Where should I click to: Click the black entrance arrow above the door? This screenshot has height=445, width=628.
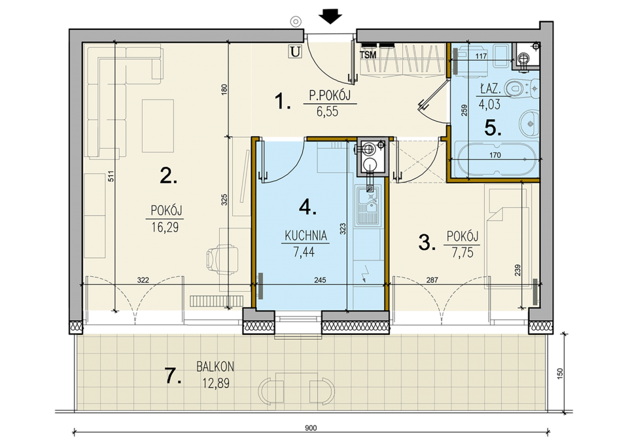tap(330, 17)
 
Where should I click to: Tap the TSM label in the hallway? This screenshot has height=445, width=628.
tap(368, 55)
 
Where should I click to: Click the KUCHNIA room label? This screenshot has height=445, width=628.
tap(306, 236)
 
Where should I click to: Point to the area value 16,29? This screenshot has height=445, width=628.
tap(165, 228)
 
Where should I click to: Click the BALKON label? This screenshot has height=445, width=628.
tap(215, 366)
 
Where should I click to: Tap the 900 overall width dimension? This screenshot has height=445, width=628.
tap(311, 428)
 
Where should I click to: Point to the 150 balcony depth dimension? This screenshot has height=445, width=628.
tap(560, 373)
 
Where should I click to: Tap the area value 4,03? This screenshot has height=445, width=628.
tap(489, 104)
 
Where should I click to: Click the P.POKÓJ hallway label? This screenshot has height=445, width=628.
tap(330, 96)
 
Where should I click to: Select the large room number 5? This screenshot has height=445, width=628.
tap(493, 128)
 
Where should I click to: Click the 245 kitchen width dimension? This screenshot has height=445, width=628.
tap(320, 280)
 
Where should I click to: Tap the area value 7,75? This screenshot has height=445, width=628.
tap(462, 253)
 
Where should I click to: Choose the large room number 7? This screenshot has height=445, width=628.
tap(173, 376)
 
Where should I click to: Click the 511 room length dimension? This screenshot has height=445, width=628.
tap(111, 176)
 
